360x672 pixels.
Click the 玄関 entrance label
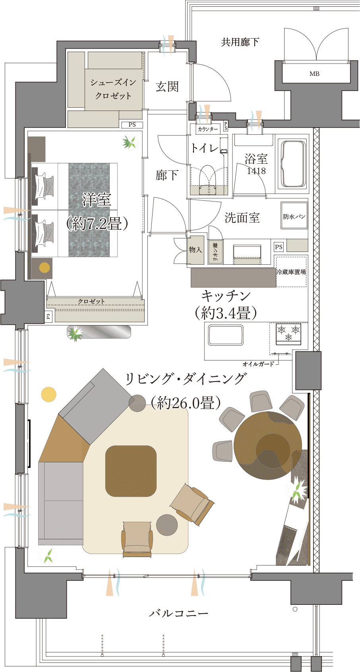tap(167, 87)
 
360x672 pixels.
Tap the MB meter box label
tap(314, 74)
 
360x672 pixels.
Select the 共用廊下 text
tap(240, 42)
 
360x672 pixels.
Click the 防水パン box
tap(294, 216)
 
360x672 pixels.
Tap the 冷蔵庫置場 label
tap(291, 272)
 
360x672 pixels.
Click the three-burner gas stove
tap(288, 334)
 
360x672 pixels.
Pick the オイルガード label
tap(258, 364)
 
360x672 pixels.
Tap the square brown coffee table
tap(131, 471)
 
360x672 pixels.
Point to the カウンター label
tap(207, 129)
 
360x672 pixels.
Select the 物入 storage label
tap(195, 249)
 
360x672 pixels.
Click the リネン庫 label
tap(215, 252)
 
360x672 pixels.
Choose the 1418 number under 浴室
tap(256, 171)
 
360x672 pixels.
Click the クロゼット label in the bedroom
tap(91, 301)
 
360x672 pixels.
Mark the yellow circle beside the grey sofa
tap(48, 394)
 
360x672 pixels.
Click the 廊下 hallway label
tap(167, 175)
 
